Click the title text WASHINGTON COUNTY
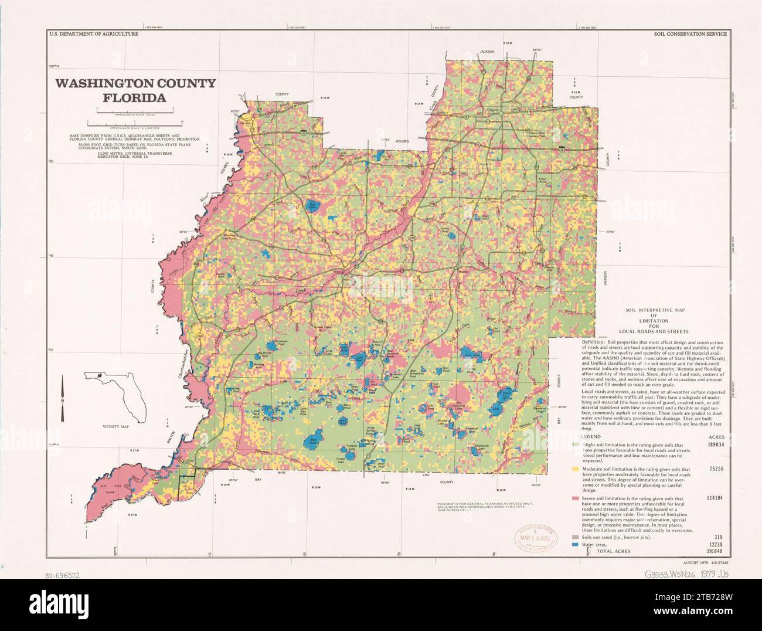(135, 83)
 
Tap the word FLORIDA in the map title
(135, 98)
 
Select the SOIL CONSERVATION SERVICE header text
(690, 34)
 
